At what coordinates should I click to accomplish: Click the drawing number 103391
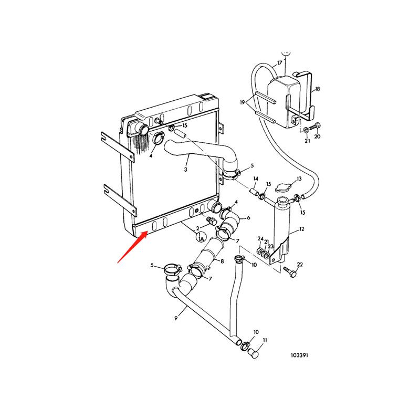click(x=299, y=355)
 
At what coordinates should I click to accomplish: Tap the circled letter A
click(x=201, y=238)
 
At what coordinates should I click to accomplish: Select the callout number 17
click(x=280, y=62)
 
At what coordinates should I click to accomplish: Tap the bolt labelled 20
click(x=315, y=127)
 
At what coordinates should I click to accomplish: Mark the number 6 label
click(x=248, y=217)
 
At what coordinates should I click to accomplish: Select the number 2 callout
click(x=197, y=228)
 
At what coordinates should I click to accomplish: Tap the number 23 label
click(x=270, y=246)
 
